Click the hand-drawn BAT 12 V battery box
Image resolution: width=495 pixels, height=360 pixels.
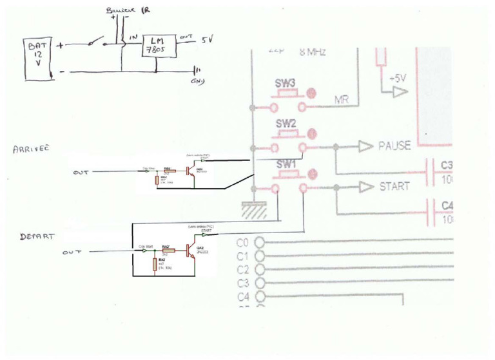click(37, 59)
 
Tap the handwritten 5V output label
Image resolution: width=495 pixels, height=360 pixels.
click(206, 40)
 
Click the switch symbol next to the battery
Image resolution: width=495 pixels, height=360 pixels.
click(97, 43)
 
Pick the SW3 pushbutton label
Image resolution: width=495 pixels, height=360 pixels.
click(286, 84)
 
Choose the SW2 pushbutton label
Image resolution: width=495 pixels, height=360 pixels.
click(286, 123)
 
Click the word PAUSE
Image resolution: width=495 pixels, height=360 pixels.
click(394, 146)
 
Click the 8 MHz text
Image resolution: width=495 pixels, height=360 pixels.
click(313, 52)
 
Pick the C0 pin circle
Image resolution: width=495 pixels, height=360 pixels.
click(260, 243)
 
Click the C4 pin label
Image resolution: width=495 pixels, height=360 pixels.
click(243, 297)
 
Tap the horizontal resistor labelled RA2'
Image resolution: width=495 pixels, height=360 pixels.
click(166, 251)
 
